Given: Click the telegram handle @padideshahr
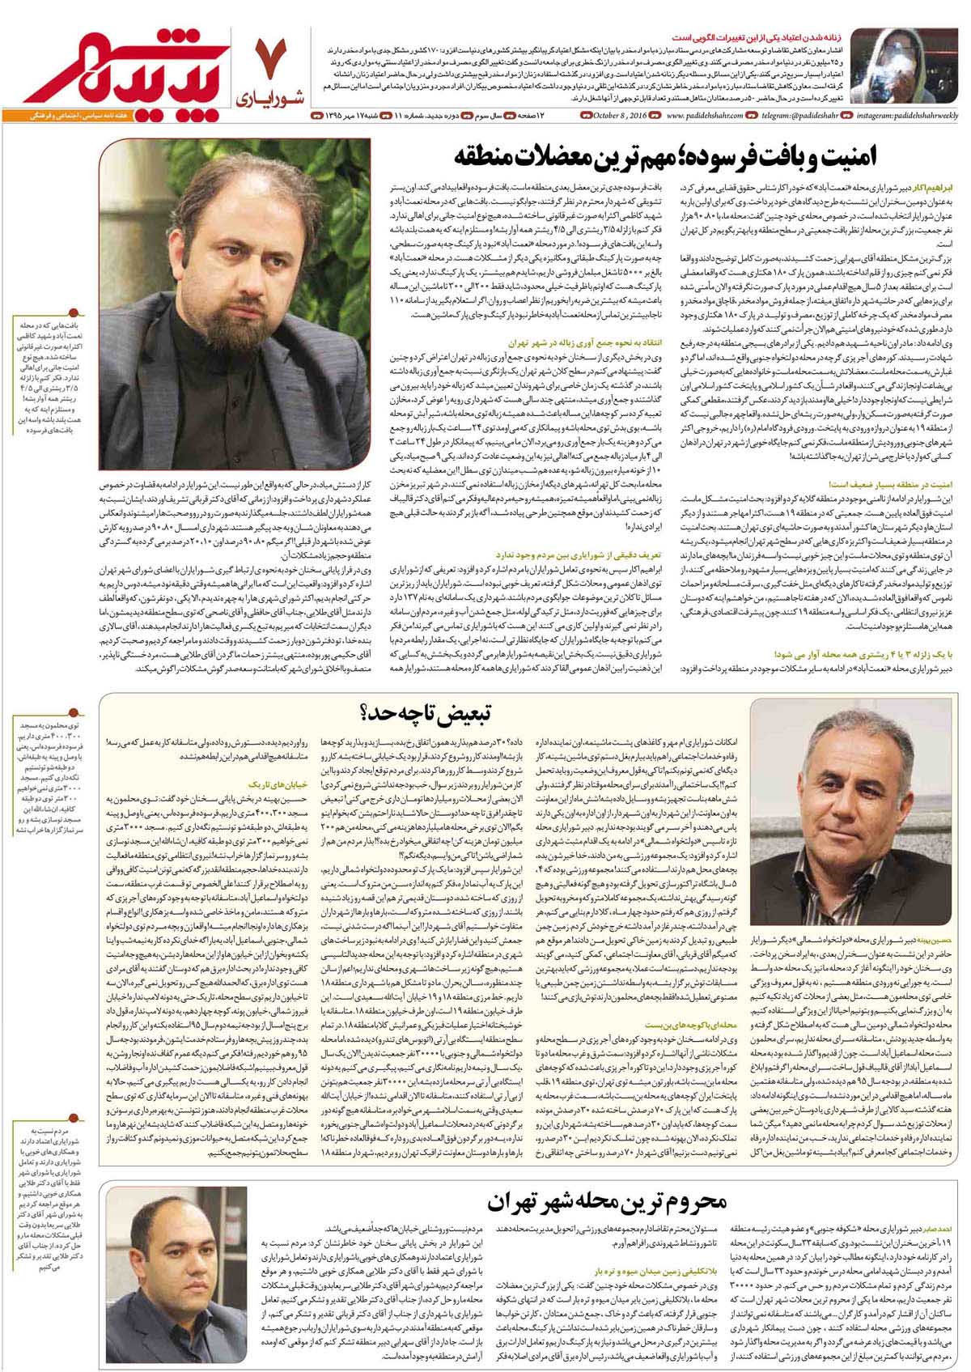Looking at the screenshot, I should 796,117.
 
